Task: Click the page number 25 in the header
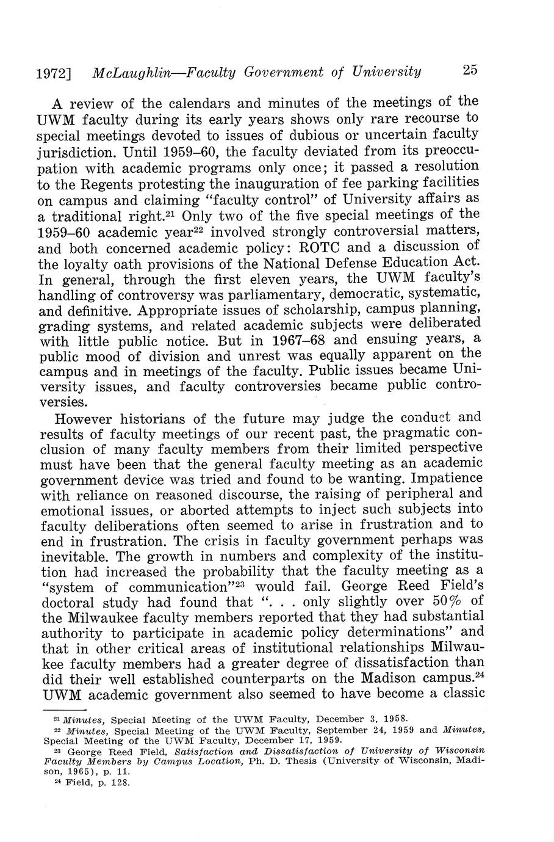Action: click(x=470, y=71)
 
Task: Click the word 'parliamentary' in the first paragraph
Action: click(x=256, y=296)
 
